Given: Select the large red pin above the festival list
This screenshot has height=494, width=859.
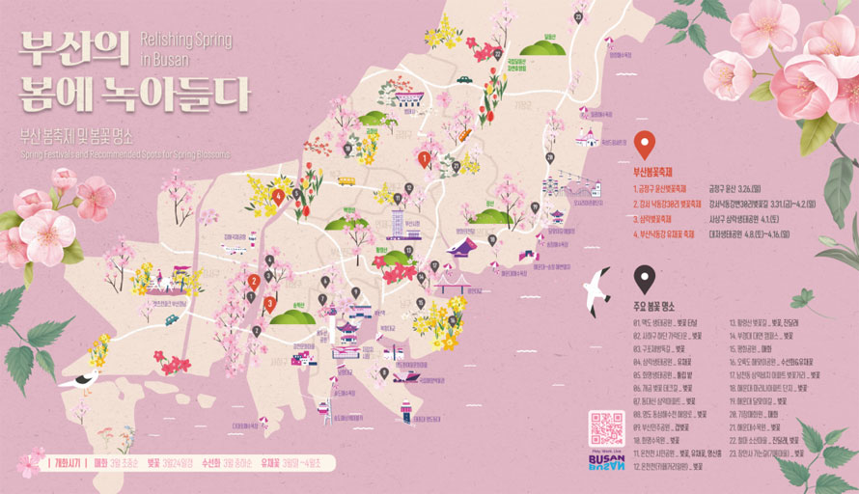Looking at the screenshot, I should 645,146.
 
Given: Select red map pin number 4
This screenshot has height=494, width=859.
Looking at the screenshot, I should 279,197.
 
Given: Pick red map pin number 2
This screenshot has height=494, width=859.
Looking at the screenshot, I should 253,281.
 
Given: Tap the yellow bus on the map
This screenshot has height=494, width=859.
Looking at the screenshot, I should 346,180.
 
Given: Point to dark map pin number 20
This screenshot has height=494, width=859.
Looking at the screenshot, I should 549,157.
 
